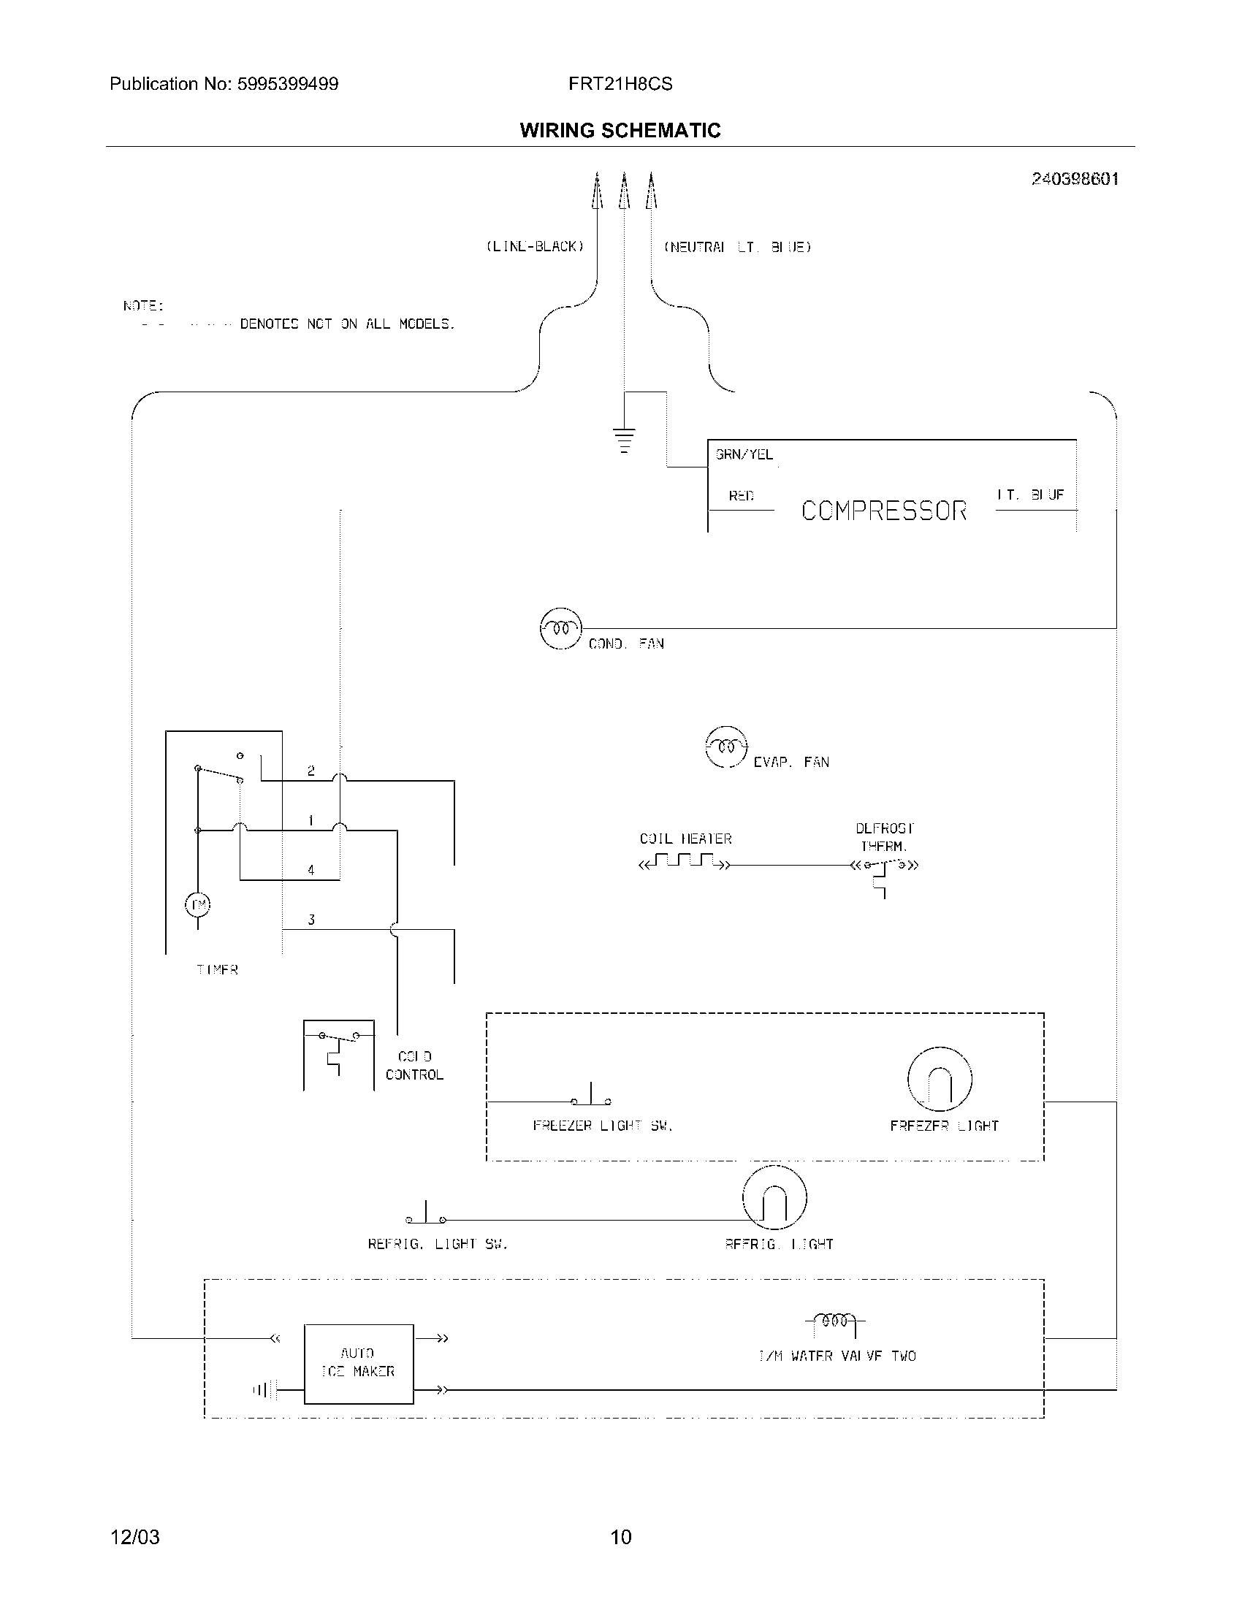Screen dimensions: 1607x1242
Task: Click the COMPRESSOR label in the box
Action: pos(884,511)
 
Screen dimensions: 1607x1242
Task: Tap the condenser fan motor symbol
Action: pos(560,629)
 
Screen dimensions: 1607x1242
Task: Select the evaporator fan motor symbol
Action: pos(726,747)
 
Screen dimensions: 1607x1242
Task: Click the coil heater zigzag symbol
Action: pos(685,860)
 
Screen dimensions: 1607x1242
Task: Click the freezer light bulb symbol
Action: pos(940,1079)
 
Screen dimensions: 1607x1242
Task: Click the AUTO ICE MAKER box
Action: pos(358,1364)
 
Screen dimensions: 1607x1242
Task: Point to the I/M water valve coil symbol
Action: pos(835,1321)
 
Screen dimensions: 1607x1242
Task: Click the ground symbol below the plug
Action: pos(624,440)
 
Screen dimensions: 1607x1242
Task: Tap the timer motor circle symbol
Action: pos(197,904)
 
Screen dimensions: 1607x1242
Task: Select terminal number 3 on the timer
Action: pos(311,920)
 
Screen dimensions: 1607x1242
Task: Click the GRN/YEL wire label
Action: pos(744,455)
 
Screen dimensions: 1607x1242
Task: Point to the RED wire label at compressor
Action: pos(741,496)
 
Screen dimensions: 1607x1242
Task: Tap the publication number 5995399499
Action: pos(287,84)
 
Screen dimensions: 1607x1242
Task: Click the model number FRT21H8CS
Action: pos(620,84)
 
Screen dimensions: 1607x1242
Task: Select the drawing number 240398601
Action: pos(1074,179)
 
